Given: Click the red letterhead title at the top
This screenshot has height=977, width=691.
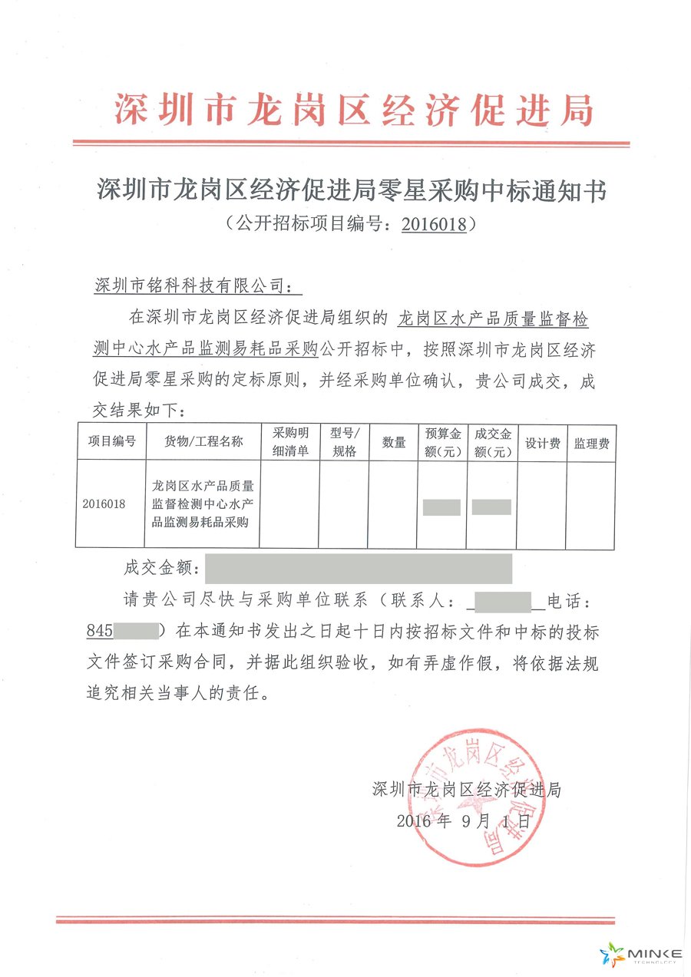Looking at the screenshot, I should pyautogui.click(x=354, y=109).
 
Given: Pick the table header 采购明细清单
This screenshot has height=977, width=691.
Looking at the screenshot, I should pyautogui.click(x=289, y=442).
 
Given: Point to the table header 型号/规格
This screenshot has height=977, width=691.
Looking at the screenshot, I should pyautogui.click(x=344, y=442).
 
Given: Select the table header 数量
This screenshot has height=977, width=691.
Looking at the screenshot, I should pyautogui.click(x=393, y=442).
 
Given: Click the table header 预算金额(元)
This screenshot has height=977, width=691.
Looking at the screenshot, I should pyautogui.click(x=441, y=442).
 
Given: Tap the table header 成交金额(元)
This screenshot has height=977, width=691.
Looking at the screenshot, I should pyautogui.click(x=492, y=442).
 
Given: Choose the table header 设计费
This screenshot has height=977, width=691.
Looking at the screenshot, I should pyautogui.click(x=541, y=443).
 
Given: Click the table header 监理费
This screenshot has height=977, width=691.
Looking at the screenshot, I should pyautogui.click(x=591, y=443).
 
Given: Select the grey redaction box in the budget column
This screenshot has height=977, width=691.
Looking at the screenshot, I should pyautogui.click(x=441, y=507).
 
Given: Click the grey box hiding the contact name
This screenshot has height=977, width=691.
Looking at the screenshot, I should pyautogui.click(x=504, y=601).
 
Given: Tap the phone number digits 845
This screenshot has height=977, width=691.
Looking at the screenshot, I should pyautogui.click(x=100, y=632).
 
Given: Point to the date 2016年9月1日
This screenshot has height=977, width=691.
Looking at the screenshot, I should pyautogui.click(x=463, y=820).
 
